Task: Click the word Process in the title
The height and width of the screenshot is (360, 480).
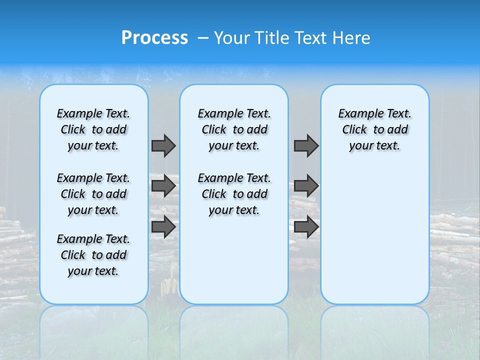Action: (x=154, y=38)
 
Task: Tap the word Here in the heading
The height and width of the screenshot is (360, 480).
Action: (x=352, y=38)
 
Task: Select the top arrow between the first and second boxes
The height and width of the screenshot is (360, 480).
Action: (x=163, y=145)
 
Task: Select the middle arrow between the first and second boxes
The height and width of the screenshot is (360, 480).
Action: (x=163, y=186)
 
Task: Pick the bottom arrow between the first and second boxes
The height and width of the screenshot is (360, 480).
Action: (x=163, y=227)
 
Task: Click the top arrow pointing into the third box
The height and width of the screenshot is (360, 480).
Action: (x=306, y=145)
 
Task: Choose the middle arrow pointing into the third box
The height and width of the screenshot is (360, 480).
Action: (x=306, y=186)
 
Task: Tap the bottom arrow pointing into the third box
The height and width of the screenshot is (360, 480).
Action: (x=306, y=227)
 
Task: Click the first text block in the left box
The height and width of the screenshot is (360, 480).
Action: (x=93, y=129)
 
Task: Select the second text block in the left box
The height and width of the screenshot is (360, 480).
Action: (x=93, y=194)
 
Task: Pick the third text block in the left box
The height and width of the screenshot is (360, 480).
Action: (x=93, y=255)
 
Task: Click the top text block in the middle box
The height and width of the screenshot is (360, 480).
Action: (x=234, y=129)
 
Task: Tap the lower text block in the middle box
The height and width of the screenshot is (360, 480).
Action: (x=234, y=194)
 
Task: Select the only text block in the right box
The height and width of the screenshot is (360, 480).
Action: (x=374, y=129)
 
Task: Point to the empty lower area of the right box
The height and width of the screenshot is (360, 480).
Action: (x=374, y=235)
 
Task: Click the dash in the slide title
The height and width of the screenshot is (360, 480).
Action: (x=203, y=38)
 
